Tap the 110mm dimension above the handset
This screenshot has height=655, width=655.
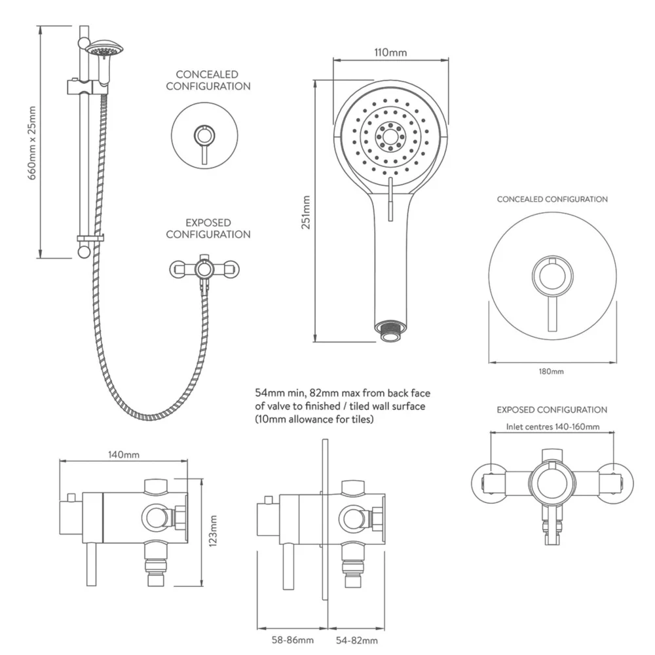(390, 52)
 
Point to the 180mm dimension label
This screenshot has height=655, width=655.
(551, 371)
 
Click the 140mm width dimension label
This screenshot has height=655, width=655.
(124, 453)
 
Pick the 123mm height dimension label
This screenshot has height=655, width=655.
(212, 532)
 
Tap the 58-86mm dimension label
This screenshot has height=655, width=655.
(293, 640)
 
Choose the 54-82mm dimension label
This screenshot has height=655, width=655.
(356, 640)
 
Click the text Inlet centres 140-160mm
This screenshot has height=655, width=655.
(553, 426)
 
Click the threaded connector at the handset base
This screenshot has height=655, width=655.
(390, 329)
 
